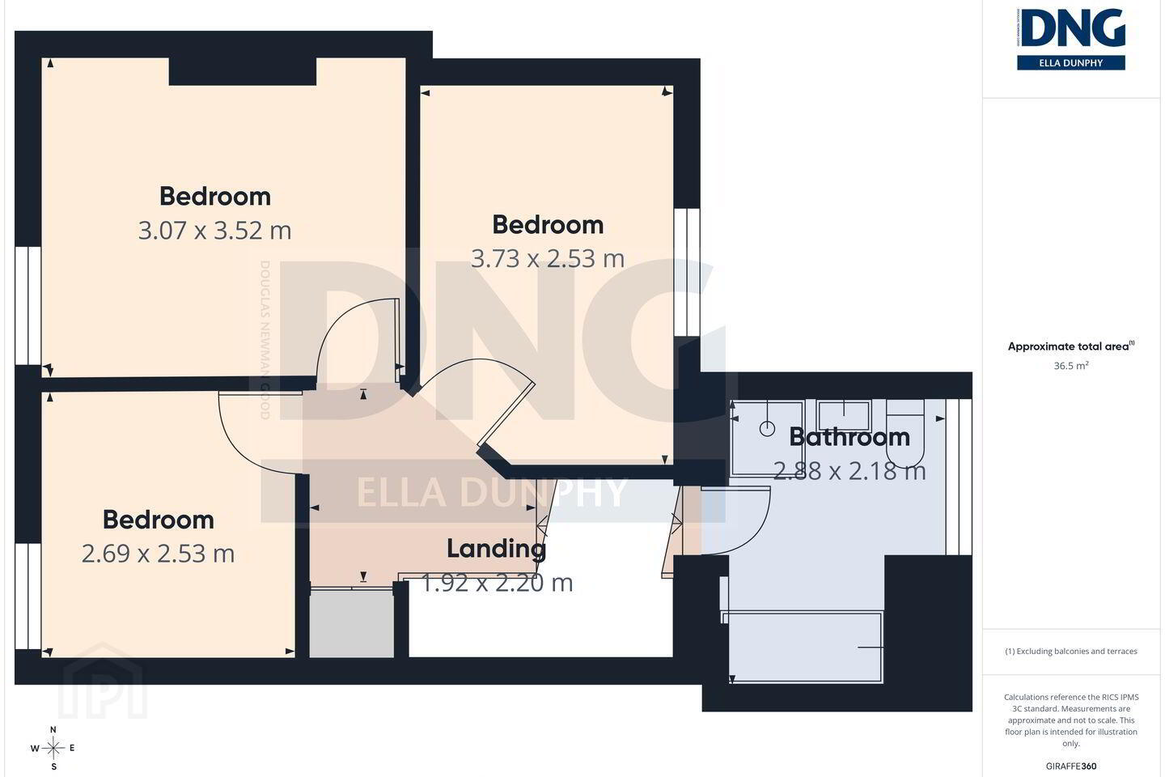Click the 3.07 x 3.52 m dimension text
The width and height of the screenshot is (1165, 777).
215,231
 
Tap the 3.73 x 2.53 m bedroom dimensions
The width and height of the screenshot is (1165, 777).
548,259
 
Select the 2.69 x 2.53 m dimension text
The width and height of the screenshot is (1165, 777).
158,554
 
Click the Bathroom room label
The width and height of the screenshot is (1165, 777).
849,436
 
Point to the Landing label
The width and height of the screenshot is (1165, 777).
496,549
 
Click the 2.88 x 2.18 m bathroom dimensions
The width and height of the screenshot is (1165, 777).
849,471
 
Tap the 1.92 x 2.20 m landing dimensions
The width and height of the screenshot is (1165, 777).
497,583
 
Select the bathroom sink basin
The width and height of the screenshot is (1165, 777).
843,415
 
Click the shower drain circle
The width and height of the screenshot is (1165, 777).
767,429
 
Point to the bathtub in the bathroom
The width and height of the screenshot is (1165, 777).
804,647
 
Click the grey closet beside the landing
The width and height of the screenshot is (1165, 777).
352,623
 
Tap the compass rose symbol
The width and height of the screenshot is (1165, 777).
53,749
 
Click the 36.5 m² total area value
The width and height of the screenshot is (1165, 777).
1071,365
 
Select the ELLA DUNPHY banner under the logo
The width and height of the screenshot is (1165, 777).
1071,63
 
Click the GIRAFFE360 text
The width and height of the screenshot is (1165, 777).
1071,766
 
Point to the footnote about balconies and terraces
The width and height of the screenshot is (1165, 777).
1071,651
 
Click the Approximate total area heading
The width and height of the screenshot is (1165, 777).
1071,346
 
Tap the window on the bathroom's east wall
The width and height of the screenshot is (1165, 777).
959,477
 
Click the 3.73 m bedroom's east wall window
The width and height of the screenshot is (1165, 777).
687,273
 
